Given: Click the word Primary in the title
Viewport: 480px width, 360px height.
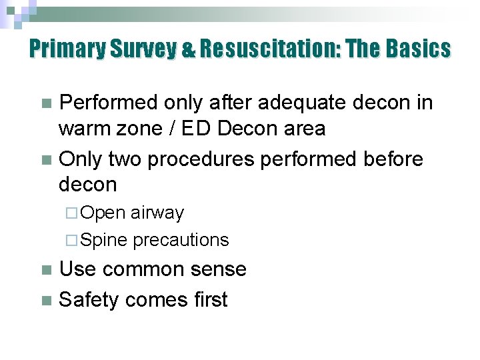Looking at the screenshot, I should [65, 49].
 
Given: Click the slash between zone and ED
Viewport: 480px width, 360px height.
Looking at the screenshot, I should [173, 128].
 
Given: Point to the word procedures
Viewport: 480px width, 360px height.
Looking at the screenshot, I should [201, 159].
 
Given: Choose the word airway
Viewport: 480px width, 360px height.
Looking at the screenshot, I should [157, 213].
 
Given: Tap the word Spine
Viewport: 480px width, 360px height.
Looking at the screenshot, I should [107, 240].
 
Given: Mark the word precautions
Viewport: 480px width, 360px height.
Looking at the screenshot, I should [181, 240].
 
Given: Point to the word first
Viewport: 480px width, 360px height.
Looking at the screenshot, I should [207, 300].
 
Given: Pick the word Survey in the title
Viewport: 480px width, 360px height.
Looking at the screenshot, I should [137, 49].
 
